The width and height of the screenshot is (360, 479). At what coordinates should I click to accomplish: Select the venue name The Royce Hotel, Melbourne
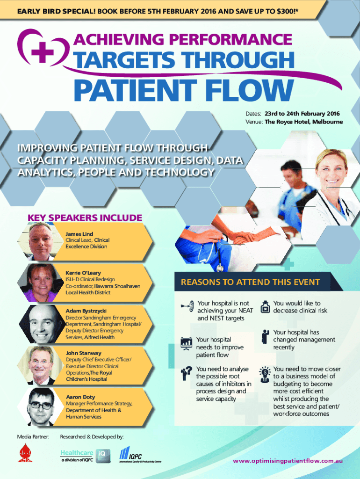303,122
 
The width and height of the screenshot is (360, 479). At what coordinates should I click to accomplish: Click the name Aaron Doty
80,397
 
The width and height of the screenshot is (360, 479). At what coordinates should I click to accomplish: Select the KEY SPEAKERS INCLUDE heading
85,218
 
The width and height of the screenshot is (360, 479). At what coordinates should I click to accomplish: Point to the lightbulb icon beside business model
265,373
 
